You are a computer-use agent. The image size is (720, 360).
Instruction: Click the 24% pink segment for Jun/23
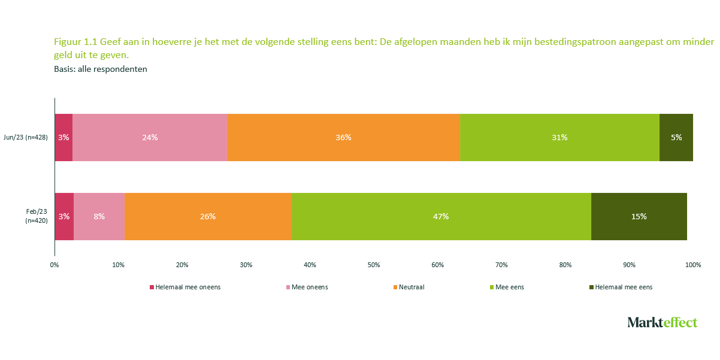[150, 137]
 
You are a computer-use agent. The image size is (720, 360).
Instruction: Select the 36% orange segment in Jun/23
[343, 137]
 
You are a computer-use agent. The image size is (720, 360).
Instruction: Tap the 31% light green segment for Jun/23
[559, 137]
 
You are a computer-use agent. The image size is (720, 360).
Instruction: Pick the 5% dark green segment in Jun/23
[676, 137]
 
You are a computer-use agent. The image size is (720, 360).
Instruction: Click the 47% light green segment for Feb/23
[441, 216]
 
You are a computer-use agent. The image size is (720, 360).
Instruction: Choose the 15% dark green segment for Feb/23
[639, 216]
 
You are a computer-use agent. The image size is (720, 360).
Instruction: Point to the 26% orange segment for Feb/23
[208, 216]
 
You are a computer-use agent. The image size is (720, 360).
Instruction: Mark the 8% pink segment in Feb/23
[99, 216]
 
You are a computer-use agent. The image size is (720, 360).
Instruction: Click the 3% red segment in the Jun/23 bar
[63, 137]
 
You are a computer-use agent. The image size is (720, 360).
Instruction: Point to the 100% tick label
[693, 265]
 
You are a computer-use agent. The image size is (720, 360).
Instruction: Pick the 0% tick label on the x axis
[54, 265]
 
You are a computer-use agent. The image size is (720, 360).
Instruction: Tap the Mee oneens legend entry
[309, 287]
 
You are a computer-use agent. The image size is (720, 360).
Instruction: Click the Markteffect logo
[662, 322]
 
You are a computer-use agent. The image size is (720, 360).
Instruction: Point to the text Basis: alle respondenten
[101, 69]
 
